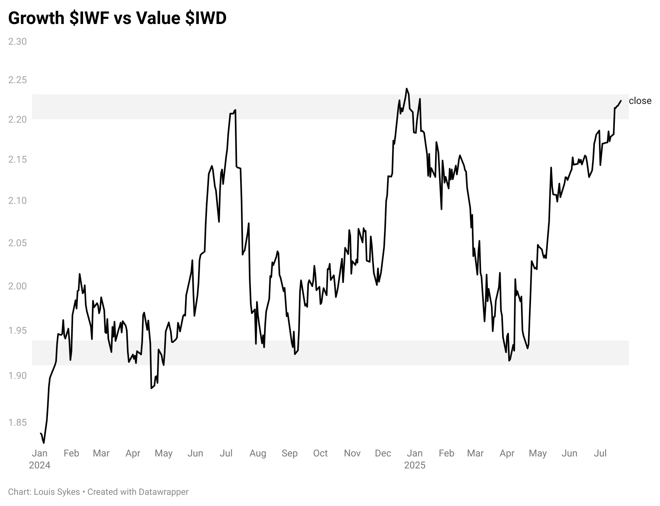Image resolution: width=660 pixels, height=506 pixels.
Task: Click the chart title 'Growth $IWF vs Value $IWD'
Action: (x=117, y=18)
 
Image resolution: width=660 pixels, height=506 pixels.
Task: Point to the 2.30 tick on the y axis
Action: (x=18, y=42)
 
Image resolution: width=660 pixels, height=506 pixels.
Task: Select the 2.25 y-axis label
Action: (x=18, y=80)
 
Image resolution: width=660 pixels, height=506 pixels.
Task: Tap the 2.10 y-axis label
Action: (x=18, y=200)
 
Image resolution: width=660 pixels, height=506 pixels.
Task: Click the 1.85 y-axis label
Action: (x=18, y=422)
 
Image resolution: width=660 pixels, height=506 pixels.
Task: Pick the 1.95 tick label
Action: (x=18, y=331)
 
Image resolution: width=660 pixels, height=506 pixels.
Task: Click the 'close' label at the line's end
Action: (x=640, y=101)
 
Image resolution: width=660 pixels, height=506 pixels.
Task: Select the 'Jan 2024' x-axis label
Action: (x=40, y=459)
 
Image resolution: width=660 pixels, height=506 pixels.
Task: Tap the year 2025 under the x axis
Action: (x=415, y=465)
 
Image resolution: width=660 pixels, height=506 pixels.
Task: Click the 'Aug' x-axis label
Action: (x=258, y=453)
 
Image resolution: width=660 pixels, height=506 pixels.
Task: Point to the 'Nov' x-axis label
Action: (x=352, y=453)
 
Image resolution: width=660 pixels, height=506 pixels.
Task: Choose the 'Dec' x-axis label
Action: (x=383, y=453)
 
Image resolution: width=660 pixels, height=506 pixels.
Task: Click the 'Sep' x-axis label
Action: (x=289, y=453)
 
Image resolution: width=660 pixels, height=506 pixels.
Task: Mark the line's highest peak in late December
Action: (x=407, y=89)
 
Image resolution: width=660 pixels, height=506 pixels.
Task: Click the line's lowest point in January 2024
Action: (x=44, y=442)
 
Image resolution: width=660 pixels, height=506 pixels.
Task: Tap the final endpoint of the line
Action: (x=620, y=101)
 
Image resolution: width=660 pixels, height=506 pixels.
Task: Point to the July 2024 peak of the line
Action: (x=235, y=110)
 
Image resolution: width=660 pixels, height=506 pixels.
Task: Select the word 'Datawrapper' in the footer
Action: (x=163, y=492)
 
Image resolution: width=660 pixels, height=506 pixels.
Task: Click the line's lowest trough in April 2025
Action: (x=509, y=361)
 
